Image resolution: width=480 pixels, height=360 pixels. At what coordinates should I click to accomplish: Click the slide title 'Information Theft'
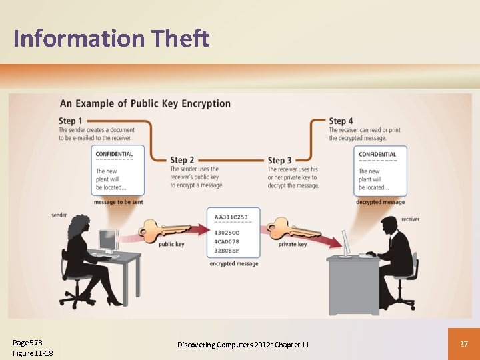pos(111,39)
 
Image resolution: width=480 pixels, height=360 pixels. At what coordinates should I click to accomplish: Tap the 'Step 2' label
pos(182,160)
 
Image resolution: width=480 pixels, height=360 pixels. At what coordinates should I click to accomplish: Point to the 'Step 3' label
pos(280,160)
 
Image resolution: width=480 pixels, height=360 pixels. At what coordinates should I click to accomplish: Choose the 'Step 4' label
pos(341,121)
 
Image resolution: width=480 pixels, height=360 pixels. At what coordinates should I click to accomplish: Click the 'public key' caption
pos(171,245)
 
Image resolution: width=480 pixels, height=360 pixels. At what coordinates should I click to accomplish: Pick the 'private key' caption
pos(293,245)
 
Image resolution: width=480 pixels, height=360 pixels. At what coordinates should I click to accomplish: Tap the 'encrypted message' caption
pos(234,264)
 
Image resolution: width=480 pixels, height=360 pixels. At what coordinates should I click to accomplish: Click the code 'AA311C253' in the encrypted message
pos(231,217)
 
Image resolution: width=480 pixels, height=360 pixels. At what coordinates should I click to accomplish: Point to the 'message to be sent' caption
pos(118,202)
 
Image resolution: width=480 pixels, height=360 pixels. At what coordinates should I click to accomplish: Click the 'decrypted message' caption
pos(380,202)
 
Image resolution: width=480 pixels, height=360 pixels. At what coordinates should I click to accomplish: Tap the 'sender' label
pos(59,215)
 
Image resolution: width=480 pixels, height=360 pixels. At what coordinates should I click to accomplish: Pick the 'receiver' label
pos(411,219)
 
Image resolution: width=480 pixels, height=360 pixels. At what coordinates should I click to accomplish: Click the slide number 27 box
pos(464,343)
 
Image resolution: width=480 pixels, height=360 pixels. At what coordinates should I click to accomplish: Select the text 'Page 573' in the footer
pos(27,343)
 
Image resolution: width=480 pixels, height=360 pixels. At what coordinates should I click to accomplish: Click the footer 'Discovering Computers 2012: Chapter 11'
pos(243,344)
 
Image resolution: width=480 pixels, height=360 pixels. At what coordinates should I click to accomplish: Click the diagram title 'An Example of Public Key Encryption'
pos(145,103)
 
